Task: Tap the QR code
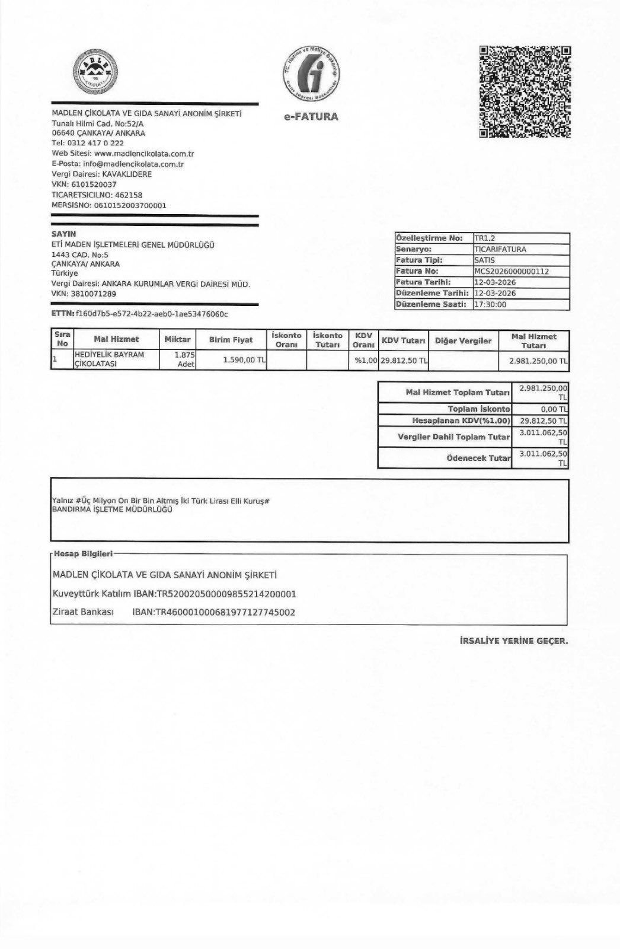coord(525,92)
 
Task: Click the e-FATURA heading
coord(311,116)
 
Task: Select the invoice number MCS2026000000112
coord(512,271)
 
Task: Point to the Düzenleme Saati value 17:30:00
coord(490,304)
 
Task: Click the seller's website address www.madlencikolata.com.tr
coord(144,154)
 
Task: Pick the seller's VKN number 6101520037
coord(94,184)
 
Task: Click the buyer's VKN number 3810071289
coord(93,294)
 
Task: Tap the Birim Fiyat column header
coord(231,340)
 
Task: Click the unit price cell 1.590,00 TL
coord(244,360)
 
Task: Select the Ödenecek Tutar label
coord(478,458)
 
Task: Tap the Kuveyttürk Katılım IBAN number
coord(225,594)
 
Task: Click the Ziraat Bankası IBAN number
coord(225,612)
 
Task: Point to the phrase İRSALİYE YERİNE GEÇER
coord(513,641)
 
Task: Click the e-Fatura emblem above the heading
coord(311,74)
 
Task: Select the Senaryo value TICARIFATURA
coord(500,249)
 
